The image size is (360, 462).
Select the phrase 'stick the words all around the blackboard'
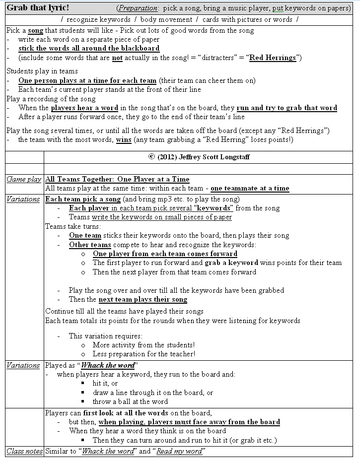pos(89,48)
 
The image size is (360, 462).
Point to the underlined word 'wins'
pos(124,140)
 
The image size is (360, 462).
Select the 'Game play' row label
pos(23,179)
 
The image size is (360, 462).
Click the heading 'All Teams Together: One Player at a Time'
pos(117,179)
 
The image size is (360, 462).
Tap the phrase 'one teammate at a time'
pos(250,188)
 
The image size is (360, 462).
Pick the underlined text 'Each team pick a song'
pos(83,199)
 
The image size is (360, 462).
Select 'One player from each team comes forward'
pos(165,254)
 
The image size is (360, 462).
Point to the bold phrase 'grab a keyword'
pos(231,263)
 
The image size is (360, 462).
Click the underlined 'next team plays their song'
pos(143,299)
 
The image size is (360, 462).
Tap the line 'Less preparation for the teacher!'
pos(144,354)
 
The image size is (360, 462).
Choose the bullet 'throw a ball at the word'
pos(130,401)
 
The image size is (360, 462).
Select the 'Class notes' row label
pos(23,451)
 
